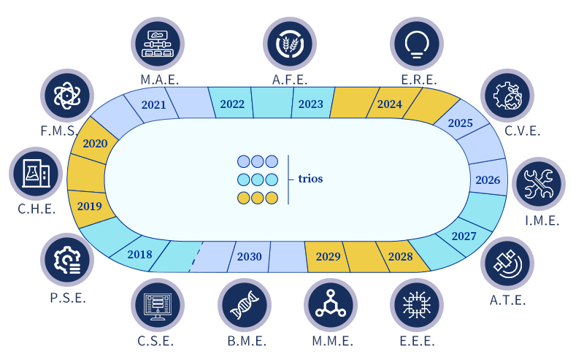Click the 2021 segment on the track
[154, 104]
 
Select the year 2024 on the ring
[390, 104]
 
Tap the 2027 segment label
[464, 236]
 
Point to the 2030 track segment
[250, 256]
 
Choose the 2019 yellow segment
[89, 206]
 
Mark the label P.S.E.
[68, 297]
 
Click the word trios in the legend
[310, 178]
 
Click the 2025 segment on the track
[461, 123]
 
